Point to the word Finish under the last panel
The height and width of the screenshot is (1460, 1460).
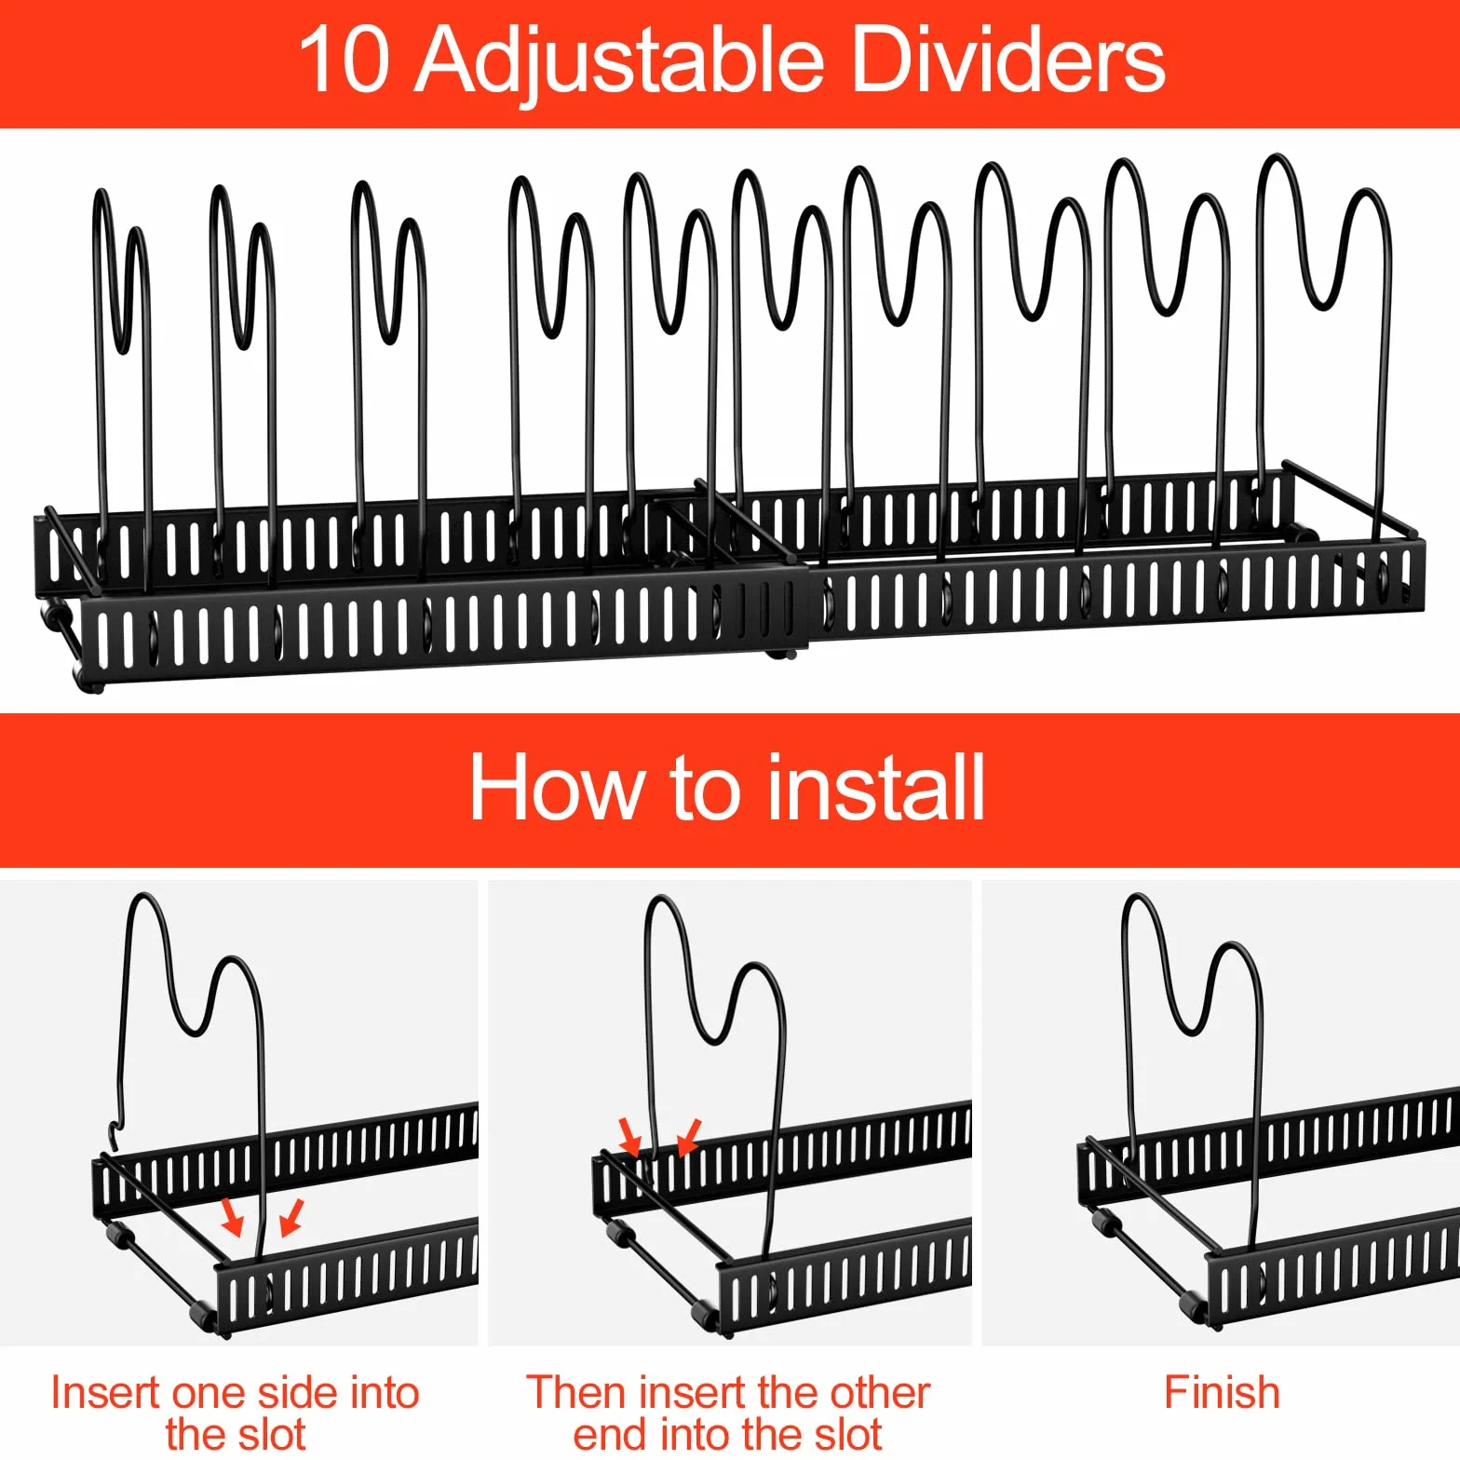coord(1222,1392)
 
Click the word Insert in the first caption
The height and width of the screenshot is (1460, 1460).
coord(105,1392)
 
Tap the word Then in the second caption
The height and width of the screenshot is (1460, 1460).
coord(577,1392)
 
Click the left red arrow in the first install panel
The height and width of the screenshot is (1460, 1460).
coord(232,1216)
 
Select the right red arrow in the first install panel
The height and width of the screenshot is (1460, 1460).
coord(291,1216)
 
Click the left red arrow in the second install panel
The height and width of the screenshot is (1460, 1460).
coord(630,1136)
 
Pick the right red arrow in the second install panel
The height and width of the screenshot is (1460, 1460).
coord(689,1136)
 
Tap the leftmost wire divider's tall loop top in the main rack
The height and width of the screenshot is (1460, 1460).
coord(101,191)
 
